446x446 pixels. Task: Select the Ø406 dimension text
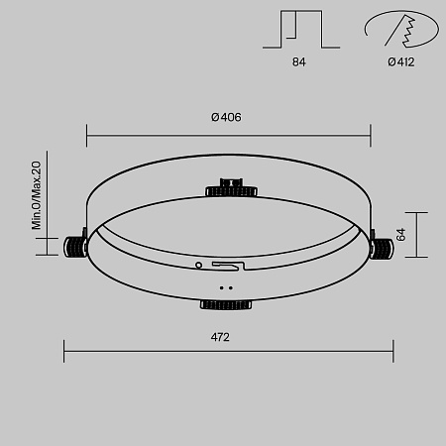pyautogui.click(x=226, y=117)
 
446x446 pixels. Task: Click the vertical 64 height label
pyautogui.click(x=401, y=235)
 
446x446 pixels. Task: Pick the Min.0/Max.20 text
pyautogui.click(x=37, y=195)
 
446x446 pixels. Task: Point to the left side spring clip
pyautogui.click(x=75, y=247)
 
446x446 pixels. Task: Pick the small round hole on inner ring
pyautogui.click(x=198, y=266)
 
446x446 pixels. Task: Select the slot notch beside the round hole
pyautogui.click(x=224, y=266)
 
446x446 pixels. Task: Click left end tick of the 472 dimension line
pyautogui.click(x=64, y=351)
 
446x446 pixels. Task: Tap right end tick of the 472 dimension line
pyautogui.click(x=393, y=351)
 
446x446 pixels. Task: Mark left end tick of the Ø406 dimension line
pyautogui.click(x=87, y=134)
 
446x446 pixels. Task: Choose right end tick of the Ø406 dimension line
pyautogui.click(x=371, y=134)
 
